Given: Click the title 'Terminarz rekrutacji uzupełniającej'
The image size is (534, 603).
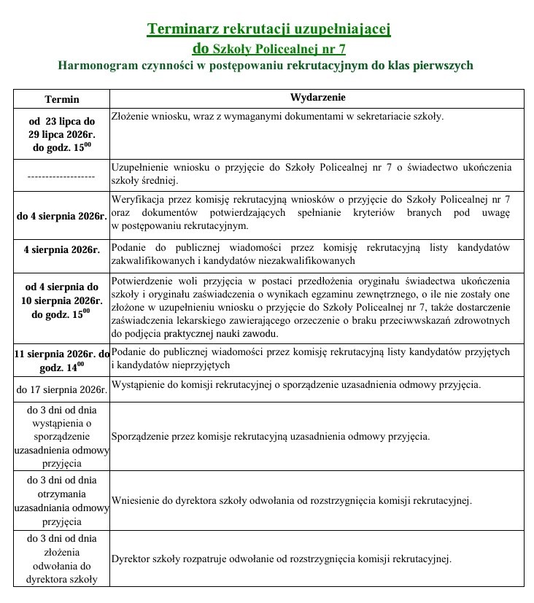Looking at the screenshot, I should tap(269, 28).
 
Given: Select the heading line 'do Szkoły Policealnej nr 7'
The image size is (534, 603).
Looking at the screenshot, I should tap(268, 48).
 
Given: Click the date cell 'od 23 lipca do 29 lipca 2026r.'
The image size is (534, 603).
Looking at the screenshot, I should tap(62, 134).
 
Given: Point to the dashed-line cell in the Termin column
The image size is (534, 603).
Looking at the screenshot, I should tap(61, 176).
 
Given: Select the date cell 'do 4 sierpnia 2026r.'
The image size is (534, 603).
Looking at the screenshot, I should tap(62, 216).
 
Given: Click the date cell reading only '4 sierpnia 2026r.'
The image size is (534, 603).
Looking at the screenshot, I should tap(61, 249).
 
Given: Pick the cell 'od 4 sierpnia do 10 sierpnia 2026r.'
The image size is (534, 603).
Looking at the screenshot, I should tap(62, 300).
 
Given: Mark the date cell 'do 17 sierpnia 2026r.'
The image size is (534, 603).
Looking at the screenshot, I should tap(62, 389).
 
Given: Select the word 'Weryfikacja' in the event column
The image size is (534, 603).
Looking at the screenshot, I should tap(136, 199).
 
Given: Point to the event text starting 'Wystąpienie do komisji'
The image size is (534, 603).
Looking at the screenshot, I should tap(295, 384).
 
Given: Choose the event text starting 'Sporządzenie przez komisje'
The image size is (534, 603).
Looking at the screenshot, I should tap(270, 437).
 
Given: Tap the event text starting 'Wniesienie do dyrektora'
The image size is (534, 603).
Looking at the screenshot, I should tap(291, 501).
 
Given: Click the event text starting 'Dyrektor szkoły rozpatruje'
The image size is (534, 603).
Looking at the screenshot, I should tap(281, 559).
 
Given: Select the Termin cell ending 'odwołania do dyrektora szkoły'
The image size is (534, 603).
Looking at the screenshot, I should tap(62, 559).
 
